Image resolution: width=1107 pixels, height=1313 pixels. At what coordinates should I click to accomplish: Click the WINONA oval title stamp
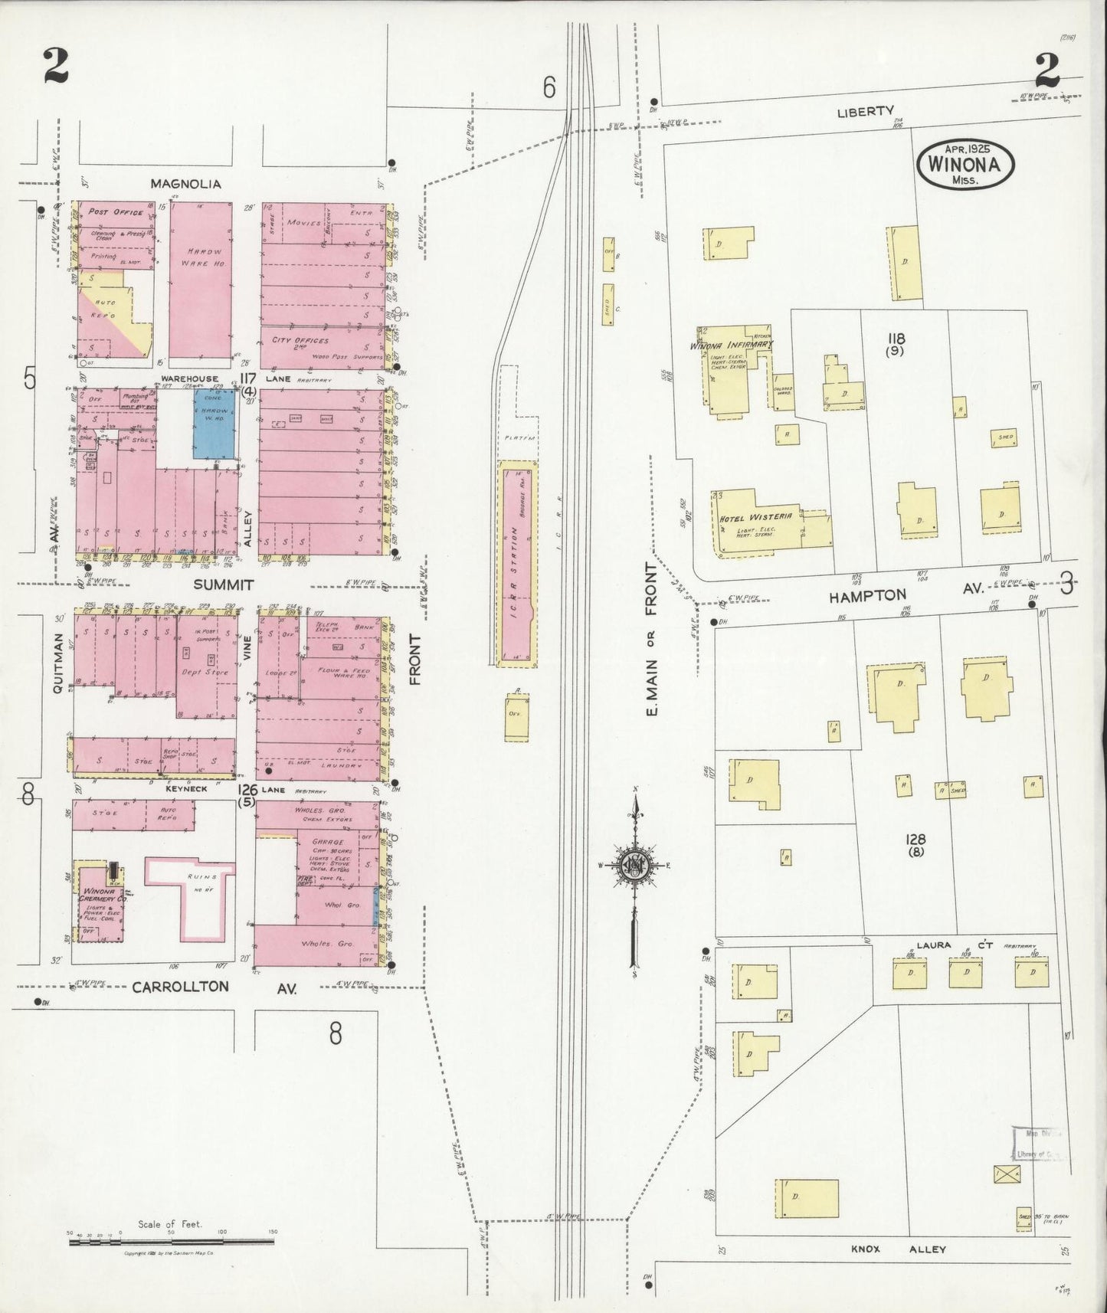point(965,164)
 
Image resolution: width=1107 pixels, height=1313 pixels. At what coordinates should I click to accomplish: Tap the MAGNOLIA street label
point(185,184)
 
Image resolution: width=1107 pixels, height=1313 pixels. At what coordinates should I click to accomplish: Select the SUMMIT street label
point(223,584)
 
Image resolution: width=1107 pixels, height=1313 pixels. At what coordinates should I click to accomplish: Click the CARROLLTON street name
point(180,987)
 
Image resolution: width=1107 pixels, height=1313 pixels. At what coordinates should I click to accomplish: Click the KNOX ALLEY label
point(897,1249)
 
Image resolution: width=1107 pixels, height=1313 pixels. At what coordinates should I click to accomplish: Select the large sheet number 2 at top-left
point(56,66)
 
